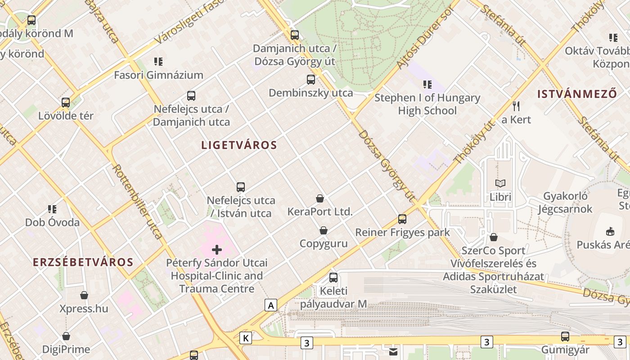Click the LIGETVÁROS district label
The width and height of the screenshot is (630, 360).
click(239, 145)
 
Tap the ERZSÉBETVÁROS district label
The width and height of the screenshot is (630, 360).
click(83, 262)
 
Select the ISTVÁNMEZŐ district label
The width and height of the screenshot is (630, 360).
click(577, 94)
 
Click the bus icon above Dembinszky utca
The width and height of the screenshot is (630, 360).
click(311, 80)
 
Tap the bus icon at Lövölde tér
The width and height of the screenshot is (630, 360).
click(66, 103)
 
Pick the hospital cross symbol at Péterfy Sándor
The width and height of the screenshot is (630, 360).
click(217, 250)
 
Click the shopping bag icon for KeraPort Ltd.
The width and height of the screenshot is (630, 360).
click(320, 198)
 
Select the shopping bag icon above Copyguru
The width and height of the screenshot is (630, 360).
click(324, 230)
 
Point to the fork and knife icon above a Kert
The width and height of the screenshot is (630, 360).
click(516, 106)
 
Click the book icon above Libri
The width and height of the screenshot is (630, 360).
click(500, 183)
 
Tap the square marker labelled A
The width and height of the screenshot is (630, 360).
click(270, 305)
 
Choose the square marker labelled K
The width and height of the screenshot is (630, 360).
click(246, 338)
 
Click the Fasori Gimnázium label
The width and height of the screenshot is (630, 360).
click(158, 75)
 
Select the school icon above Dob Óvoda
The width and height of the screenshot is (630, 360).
click(52, 209)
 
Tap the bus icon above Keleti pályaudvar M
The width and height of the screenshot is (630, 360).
click(333, 278)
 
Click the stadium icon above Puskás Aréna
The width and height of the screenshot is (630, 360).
click(610, 231)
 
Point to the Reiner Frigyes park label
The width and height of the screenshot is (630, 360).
click(402, 232)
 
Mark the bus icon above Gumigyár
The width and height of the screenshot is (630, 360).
click(565, 336)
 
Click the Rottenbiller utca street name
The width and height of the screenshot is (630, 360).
click(137, 201)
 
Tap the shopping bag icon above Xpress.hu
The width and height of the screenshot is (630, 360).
click(84, 295)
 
